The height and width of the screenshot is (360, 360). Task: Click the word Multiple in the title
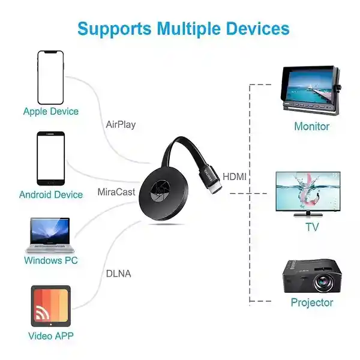pyautogui.click(x=190, y=29)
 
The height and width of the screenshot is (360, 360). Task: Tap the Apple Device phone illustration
pyautogui.click(x=50, y=77)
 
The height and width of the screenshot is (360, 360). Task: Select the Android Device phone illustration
pyautogui.click(x=51, y=158)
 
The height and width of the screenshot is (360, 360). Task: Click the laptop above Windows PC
pyautogui.click(x=50, y=235)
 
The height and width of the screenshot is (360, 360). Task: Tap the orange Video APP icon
pyautogui.click(x=51, y=306)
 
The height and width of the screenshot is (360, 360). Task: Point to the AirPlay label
pyautogui.click(x=121, y=125)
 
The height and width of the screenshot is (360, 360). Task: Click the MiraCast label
pyautogui.click(x=116, y=192)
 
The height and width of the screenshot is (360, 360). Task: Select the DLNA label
pyautogui.click(x=118, y=274)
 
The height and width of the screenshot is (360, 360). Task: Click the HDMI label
pyautogui.click(x=235, y=177)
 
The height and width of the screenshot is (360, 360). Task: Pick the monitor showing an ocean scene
pyautogui.click(x=311, y=90)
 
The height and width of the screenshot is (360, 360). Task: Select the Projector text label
pyautogui.click(x=312, y=302)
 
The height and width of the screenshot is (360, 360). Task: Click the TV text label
pyautogui.click(x=313, y=227)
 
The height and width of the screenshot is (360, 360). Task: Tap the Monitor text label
pyautogui.click(x=312, y=127)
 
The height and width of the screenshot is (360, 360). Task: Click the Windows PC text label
pyautogui.click(x=51, y=260)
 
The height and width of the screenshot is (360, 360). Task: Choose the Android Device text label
pyautogui.click(x=51, y=194)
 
